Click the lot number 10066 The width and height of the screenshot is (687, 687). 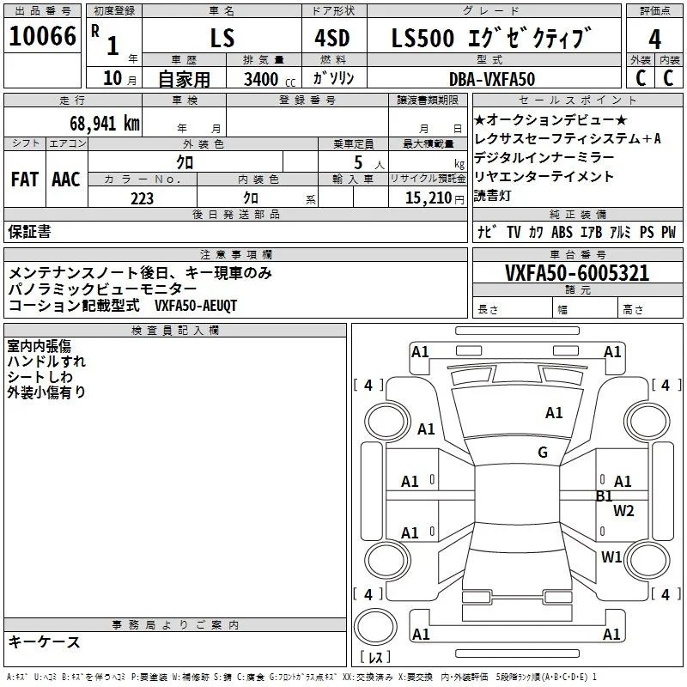pyautogui.click(x=42, y=35)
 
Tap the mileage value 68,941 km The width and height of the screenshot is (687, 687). pyautogui.click(x=105, y=123)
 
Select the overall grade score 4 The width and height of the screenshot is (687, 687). pyautogui.click(x=654, y=39)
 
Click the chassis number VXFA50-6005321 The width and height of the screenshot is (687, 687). pyautogui.click(x=577, y=272)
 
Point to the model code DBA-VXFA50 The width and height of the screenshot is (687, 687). pyautogui.click(x=492, y=79)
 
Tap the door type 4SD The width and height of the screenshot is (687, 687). pyautogui.click(x=332, y=38)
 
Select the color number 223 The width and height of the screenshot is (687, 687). pyautogui.click(x=142, y=198)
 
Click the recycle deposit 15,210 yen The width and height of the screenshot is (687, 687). pyautogui.click(x=435, y=198)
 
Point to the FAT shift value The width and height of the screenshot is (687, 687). pyautogui.click(x=25, y=179)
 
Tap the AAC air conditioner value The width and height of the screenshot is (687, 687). pyautogui.click(x=66, y=179)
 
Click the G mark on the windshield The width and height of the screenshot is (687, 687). pyautogui.click(x=543, y=452)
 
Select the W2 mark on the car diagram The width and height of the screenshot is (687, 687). pyautogui.click(x=623, y=510)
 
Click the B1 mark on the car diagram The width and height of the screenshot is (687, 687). pyautogui.click(x=605, y=496)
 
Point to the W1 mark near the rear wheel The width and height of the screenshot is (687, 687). pyautogui.click(x=611, y=556)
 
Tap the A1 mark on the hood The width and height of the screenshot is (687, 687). pyautogui.click(x=554, y=412)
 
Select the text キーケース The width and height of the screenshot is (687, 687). pyautogui.click(x=45, y=641)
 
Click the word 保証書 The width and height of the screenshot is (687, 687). pyautogui.click(x=29, y=231)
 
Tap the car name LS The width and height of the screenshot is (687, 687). pyautogui.click(x=222, y=38)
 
